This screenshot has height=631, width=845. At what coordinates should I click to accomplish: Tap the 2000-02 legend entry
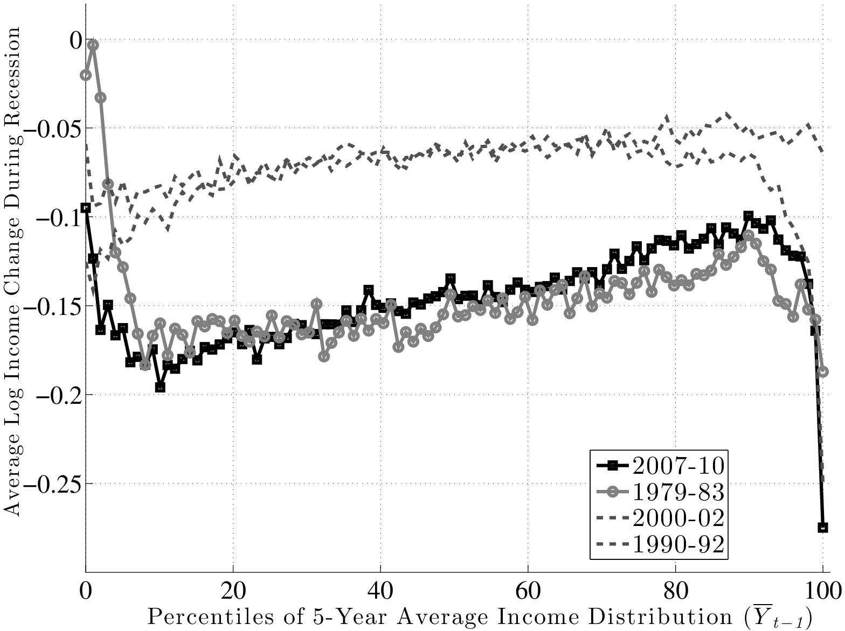(677, 518)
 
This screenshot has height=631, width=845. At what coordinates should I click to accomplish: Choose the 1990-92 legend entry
(677, 545)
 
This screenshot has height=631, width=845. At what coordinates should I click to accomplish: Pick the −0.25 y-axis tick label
(57, 484)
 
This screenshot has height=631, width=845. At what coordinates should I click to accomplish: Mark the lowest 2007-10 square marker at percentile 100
(822, 527)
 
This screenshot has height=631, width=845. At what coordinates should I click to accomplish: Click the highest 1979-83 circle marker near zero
(93, 45)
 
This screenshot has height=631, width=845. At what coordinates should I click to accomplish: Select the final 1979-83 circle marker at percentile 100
(823, 372)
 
